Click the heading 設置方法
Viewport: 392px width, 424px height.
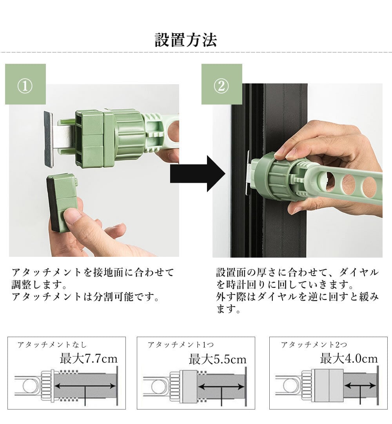186,40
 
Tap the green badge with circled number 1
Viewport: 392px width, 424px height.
25,84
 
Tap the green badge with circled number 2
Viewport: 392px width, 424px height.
222,84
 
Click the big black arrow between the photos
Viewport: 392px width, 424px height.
198,173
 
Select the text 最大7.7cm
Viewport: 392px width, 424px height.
89,359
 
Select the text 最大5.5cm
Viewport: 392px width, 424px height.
218,359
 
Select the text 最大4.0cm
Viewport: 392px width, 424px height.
349,359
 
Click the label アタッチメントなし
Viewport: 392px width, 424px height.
52,345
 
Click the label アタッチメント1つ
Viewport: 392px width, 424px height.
181,345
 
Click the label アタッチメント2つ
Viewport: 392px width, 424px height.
314,345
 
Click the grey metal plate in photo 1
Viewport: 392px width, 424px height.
49,139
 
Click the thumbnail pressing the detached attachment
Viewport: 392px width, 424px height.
73,216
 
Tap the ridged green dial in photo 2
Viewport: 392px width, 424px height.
275,177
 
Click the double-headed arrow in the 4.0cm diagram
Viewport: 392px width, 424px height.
360,386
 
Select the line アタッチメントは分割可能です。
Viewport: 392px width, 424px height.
86,297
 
